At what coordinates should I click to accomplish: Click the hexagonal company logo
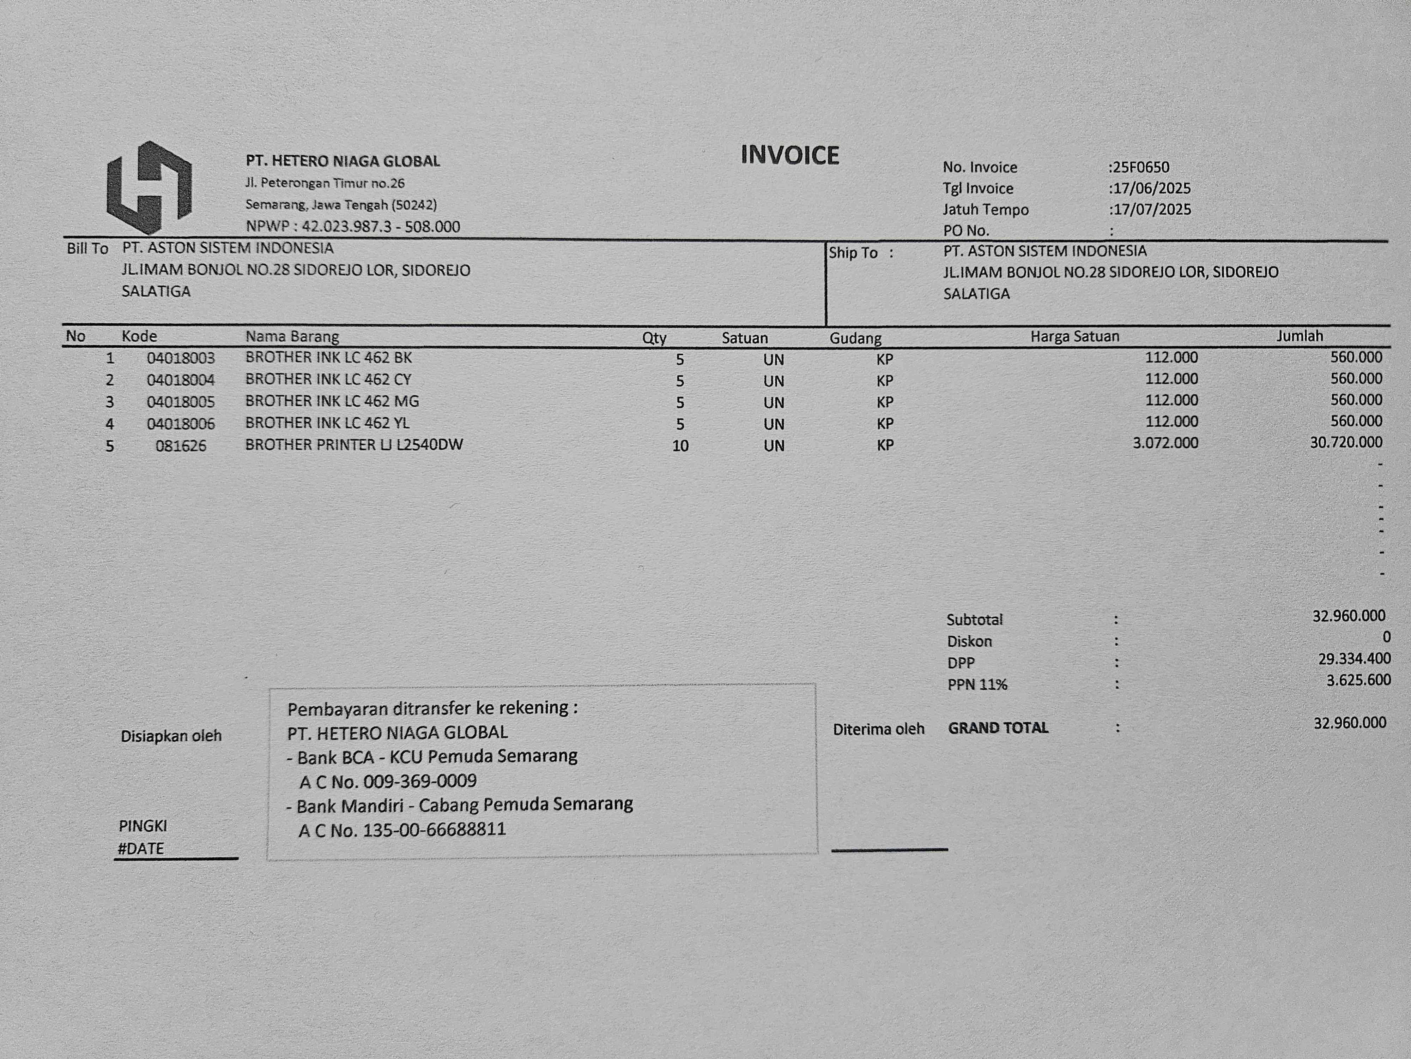pyautogui.click(x=149, y=187)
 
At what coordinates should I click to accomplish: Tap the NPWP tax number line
pyautogui.click(x=353, y=227)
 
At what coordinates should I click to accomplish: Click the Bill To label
pyautogui.click(x=87, y=248)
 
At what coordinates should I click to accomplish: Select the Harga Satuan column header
pyautogui.click(x=1075, y=336)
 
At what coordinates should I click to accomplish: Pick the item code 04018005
pyautogui.click(x=181, y=402)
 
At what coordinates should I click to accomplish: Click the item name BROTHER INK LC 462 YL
pyautogui.click(x=327, y=423)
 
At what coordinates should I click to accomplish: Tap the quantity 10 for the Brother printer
pyautogui.click(x=680, y=445)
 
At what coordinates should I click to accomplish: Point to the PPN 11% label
pyautogui.click(x=977, y=685)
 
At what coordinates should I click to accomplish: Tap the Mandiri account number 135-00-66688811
pyautogui.click(x=434, y=830)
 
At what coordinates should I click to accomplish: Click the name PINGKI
pyautogui.click(x=143, y=826)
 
